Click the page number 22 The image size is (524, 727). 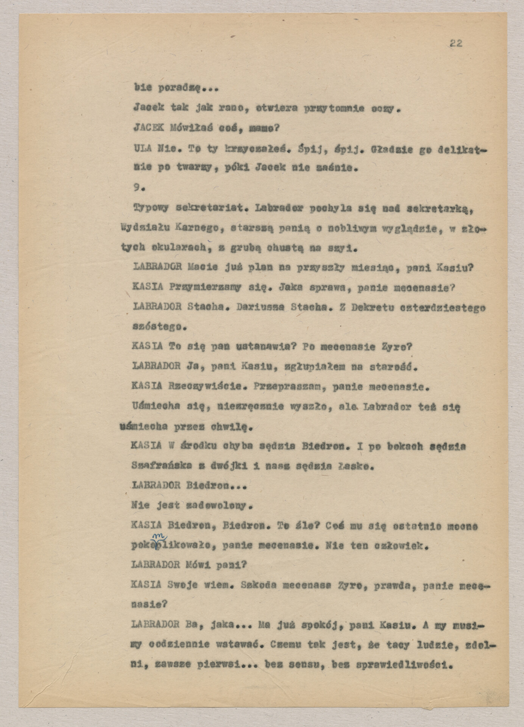[x=456, y=43]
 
